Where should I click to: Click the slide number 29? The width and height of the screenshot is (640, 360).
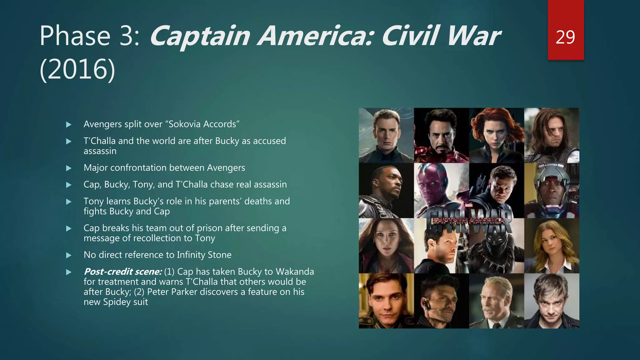[x=565, y=37]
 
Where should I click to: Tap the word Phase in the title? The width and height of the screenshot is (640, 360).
[x=75, y=36]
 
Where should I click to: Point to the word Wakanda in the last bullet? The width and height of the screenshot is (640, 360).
[x=295, y=272]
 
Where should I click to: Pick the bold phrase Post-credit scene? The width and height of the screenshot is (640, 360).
[x=122, y=272]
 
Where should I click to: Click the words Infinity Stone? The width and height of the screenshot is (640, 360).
[x=204, y=255]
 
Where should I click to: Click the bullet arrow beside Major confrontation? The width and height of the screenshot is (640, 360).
[x=69, y=168]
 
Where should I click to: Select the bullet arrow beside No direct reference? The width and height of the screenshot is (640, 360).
[x=69, y=255]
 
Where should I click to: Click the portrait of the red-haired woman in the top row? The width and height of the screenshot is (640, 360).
[x=496, y=135]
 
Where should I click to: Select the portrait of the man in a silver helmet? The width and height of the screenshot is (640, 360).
[x=551, y=190]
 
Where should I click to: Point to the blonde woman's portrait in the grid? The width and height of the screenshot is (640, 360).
[x=551, y=246]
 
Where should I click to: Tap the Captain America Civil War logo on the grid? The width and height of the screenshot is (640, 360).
[x=469, y=221]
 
